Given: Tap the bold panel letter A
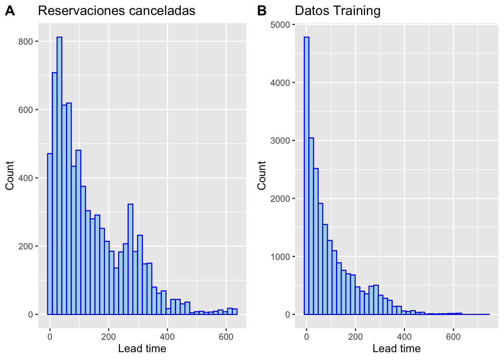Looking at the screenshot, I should (10, 11).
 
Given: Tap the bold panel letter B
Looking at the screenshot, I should (262, 11).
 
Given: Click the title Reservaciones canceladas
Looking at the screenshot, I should (117, 11).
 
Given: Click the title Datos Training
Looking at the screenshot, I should (337, 11).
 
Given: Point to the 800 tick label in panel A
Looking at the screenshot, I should (26, 42).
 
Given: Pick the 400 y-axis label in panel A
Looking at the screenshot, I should (26, 178).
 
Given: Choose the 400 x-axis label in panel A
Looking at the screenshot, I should (167, 337).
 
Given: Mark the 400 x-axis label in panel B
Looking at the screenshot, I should (404, 337).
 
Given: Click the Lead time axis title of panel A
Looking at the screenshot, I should (142, 349).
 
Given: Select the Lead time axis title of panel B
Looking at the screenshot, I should (396, 349).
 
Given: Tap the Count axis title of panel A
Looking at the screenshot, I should (10, 175).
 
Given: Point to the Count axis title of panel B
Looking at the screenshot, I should (262, 175).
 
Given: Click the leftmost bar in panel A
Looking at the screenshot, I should (50, 234).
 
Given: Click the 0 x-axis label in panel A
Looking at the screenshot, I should (50, 337).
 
